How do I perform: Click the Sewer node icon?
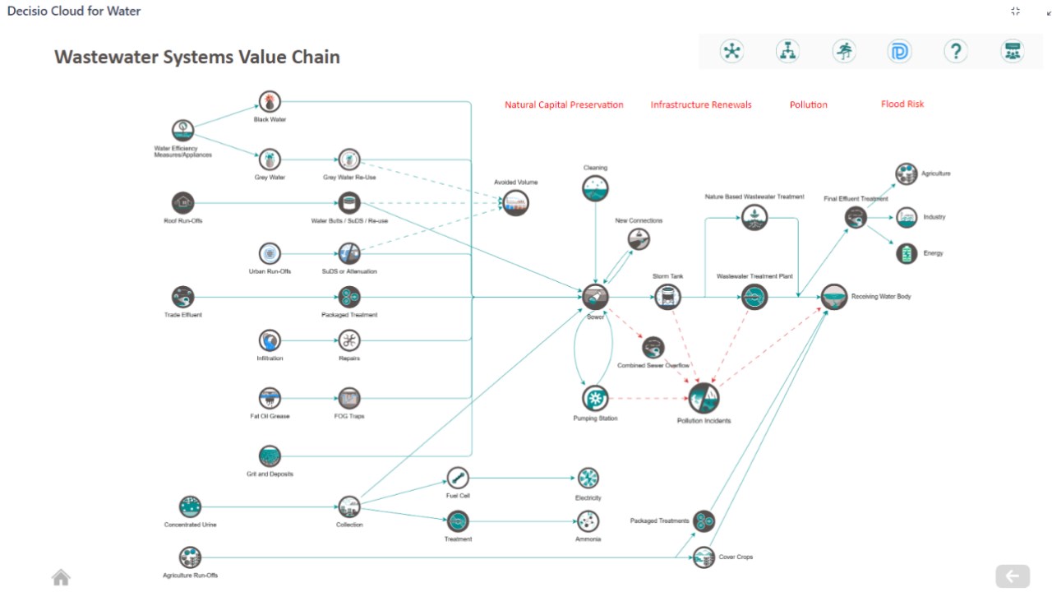(595, 297)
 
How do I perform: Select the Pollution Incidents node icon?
(704, 399)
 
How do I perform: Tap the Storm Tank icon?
(667, 297)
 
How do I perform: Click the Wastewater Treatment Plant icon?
(754, 297)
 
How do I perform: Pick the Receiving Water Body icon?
(834, 297)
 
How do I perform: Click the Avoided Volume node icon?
(515, 203)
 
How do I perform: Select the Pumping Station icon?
(595, 399)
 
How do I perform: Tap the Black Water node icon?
(270, 101)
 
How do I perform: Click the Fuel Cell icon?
(458, 478)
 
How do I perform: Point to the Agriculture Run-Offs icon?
(190, 557)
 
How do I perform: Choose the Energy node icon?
(907, 254)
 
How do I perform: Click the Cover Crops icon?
(704, 557)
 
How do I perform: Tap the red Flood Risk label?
(902, 104)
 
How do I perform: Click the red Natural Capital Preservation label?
(564, 104)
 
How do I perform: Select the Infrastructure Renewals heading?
(701, 104)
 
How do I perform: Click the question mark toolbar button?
(956, 51)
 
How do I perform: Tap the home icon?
(61, 577)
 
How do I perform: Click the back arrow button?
(1013, 576)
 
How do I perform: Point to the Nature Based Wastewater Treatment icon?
(754, 218)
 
